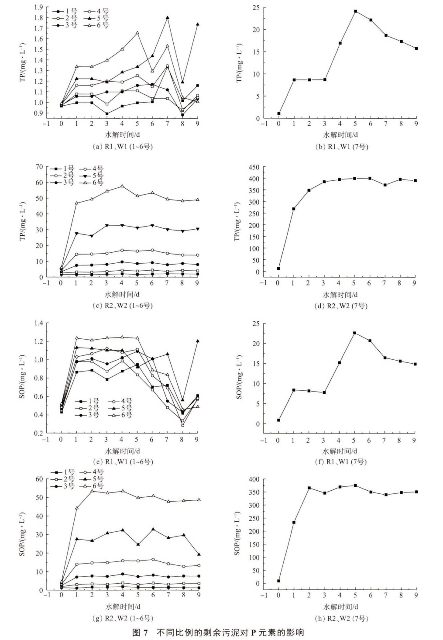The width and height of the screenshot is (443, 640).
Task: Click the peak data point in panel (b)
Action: coord(355,11)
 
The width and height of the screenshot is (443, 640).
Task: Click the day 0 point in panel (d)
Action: coord(278,268)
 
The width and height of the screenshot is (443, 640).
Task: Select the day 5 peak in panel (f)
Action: coord(354,333)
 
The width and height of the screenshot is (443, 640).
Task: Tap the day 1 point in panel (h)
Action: coord(294,522)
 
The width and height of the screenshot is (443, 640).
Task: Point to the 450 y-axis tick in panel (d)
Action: coord(254,167)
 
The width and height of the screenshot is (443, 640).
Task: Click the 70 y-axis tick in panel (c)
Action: coord(39,167)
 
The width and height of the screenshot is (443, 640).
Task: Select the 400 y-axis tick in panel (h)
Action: coord(254,479)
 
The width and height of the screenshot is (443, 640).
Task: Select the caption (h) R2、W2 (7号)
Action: coord(341,618)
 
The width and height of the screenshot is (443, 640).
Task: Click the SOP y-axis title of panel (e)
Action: coord(22,378)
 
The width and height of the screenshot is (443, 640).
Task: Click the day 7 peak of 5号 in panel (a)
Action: coord(168,18)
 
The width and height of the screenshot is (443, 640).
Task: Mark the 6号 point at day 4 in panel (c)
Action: coord(122,186)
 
